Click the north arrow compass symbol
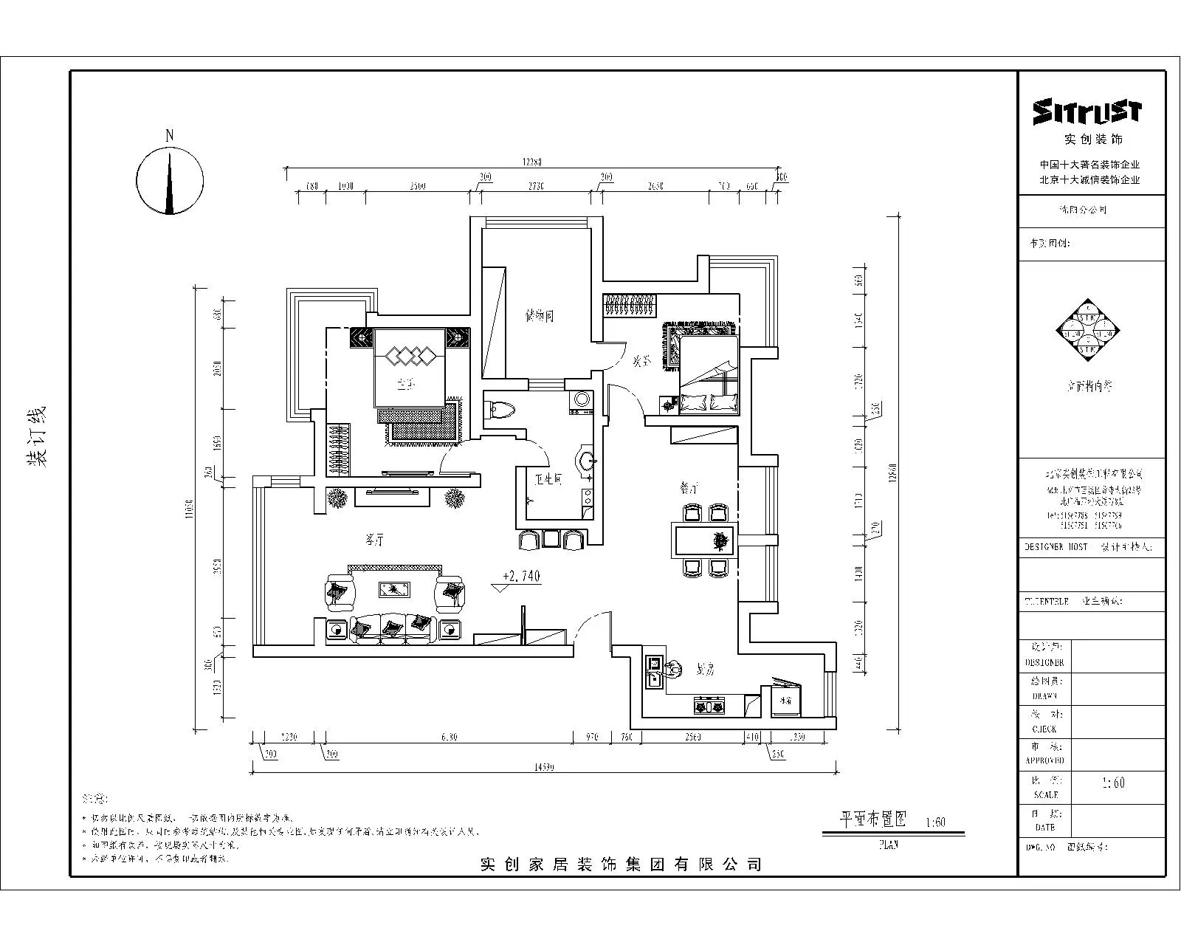click(170, 180)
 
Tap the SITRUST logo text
click(1087, 111)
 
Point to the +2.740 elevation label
click(521, 577)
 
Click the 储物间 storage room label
click(539, 317)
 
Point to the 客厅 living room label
click(375, 541)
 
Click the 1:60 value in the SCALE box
click(1112, 783)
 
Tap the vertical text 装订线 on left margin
click(36, 436)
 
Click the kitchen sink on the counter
click(653, 672)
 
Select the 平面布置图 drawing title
click(873, 819)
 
